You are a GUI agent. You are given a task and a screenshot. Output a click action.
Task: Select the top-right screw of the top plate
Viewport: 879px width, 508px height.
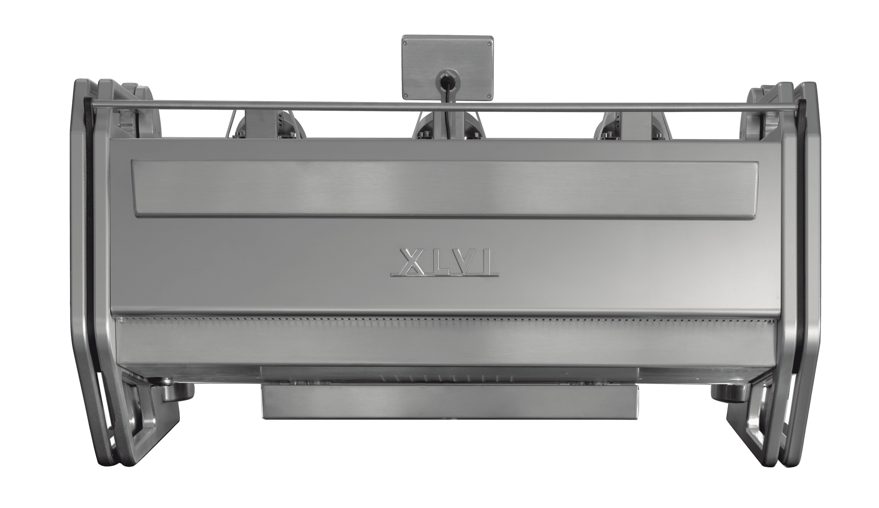[488, 41]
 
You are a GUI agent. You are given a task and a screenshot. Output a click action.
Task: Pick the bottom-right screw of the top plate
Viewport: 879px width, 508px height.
[488, 95]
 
